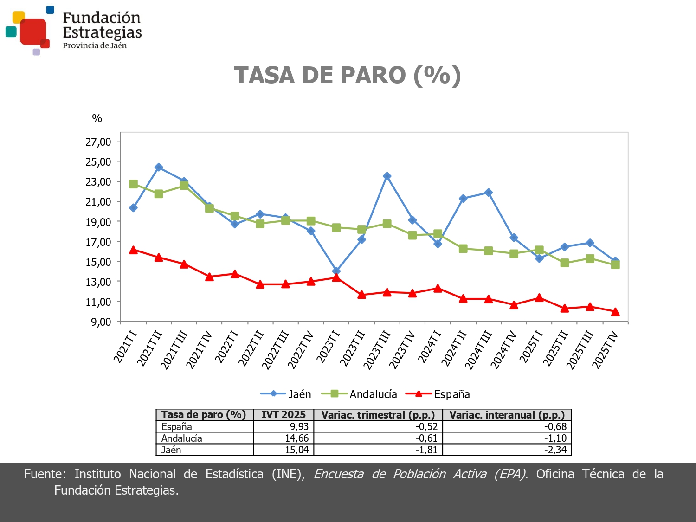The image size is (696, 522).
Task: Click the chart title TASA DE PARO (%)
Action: (x=348, y=75)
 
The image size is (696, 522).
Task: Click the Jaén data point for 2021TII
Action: (x=159, y=168)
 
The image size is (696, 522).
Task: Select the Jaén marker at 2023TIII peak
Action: (x=387, y=176)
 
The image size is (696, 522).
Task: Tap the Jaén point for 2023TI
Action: (x=336, y=271)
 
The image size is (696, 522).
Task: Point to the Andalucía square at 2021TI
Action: (x=133, y=184)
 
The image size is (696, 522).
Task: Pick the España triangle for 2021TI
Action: (x=133, y=250)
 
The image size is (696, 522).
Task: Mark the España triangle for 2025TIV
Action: (x=615, y=312)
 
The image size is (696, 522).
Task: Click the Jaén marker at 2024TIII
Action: (x=489, y=193)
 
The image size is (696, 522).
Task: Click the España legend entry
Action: (x=438, y=394)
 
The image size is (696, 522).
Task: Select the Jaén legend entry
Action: (x=286, y=394)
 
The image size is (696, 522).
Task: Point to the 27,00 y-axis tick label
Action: (x=98, y=142)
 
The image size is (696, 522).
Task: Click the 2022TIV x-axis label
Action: (x=300, y=350)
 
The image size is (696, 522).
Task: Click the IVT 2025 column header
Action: (x=284, y=415)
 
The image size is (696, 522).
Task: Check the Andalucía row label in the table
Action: (x=182, y=438)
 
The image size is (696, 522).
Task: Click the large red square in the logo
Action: (x=33, y=31)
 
